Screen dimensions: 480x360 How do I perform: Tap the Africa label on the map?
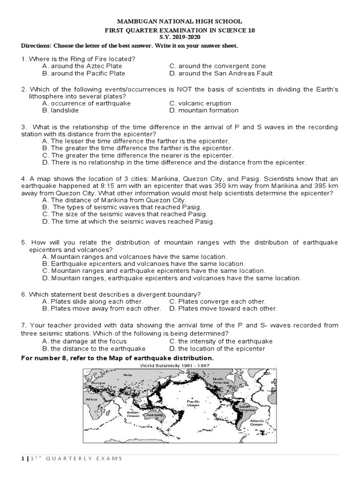tap(91, 399)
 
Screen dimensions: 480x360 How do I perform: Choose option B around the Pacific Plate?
tap(83, 74)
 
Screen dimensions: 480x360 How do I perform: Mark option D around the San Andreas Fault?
tap(221, 74)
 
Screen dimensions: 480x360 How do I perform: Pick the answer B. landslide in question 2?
tap(60, 111)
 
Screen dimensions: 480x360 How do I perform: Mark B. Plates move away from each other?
tap(101, 309)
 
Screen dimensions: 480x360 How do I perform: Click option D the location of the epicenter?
tap(217, 349)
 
